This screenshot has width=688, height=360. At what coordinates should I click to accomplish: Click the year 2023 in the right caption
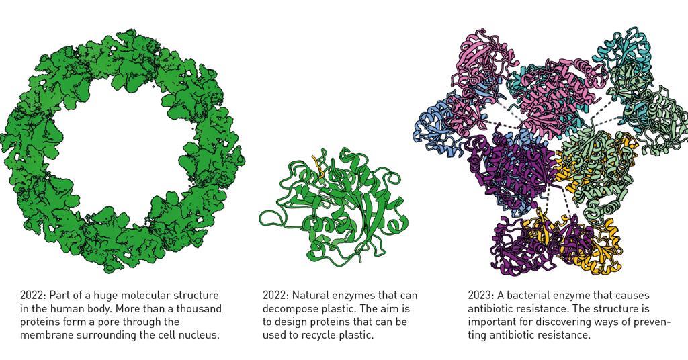480,296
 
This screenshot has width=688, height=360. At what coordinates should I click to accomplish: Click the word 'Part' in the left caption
58,296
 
